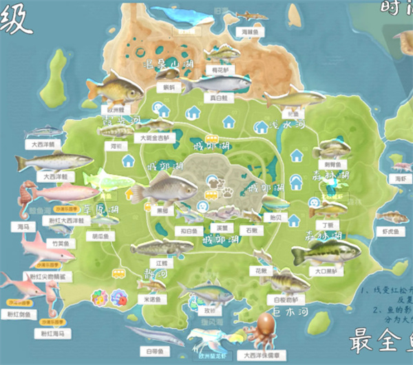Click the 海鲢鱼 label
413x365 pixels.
[x=251, y=32]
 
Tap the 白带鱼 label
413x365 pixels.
[x=153, y=351]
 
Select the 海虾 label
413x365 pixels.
[x=398, y=178]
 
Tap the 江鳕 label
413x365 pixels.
[x=161, y=262]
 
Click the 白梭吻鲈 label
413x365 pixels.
[x=286, y=300]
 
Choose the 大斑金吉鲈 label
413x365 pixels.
[x=154, y=138]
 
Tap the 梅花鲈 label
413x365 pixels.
[x=220, y=70]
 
